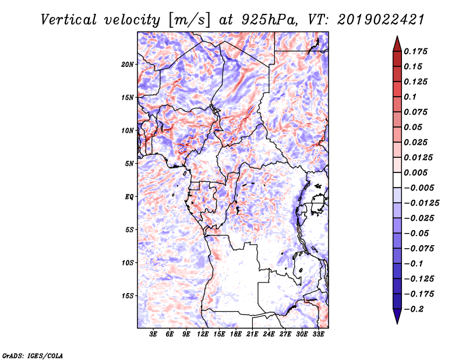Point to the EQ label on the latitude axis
click(x=130, y=197)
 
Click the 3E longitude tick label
click(x=154, y=334)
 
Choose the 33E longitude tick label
click(x=318, y=334)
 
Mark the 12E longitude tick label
click(x=203, y=334)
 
